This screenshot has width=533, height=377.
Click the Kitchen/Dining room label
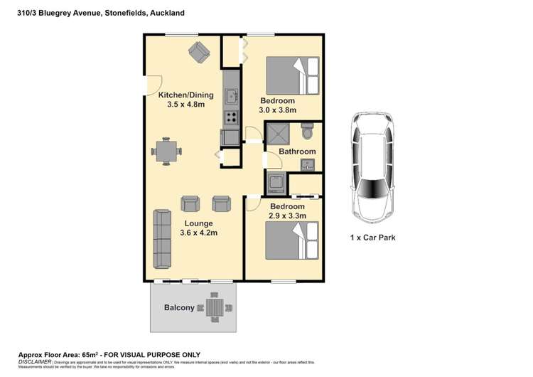pyautogui.click(x=181, y=95)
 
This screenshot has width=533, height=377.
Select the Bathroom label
pyautogui.click(x=296, y=152)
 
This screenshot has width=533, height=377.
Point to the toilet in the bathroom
pyautogui.click(x=307, y=132)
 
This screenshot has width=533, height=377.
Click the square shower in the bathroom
pyautogui.click(x=278, y=134)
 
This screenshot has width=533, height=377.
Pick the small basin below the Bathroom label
pyautogui.click(x=307, y=164)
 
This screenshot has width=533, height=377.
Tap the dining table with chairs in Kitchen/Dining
pyautogui.click(x=166, y=151)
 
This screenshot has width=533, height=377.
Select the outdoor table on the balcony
pyautogui.click(x=215, y=307)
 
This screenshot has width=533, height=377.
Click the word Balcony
pyautogui.click(x=179, y=307)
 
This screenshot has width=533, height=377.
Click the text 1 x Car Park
pyautogui.click(x=372, y=238)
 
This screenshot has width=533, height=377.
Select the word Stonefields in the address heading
pyautogui.click(x=121, y=13)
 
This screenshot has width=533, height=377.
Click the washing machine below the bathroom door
pyautogui.click(x=275, y=182)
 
